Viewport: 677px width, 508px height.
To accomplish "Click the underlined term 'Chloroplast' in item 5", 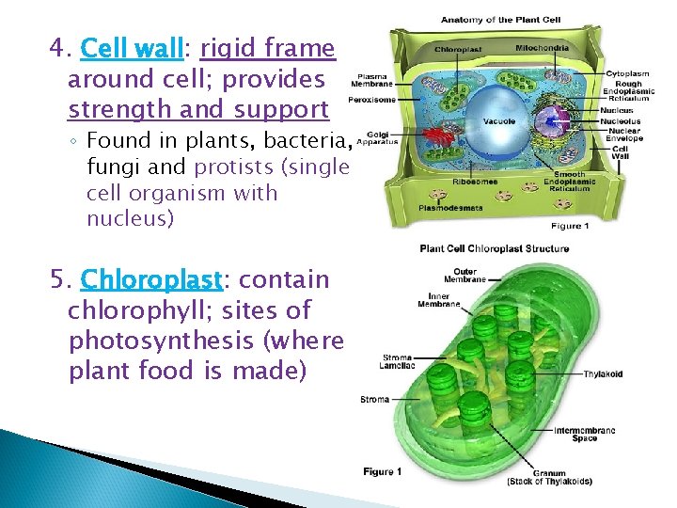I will (x=151, y=279).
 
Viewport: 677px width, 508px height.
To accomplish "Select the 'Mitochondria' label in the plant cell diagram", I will (x=541, y=47).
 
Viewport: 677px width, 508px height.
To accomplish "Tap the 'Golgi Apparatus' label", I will (x=377, y=138).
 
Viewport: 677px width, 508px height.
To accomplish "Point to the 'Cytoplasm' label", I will (x=626, y=72).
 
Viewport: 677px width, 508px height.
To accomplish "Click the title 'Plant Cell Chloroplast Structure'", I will (x=494, y=248).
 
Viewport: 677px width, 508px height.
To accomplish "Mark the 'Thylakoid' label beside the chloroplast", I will (x=603, y=373).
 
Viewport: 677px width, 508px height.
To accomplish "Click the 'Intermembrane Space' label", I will (x=585, y=434).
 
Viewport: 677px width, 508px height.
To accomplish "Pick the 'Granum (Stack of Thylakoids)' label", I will (x=549, y=476).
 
